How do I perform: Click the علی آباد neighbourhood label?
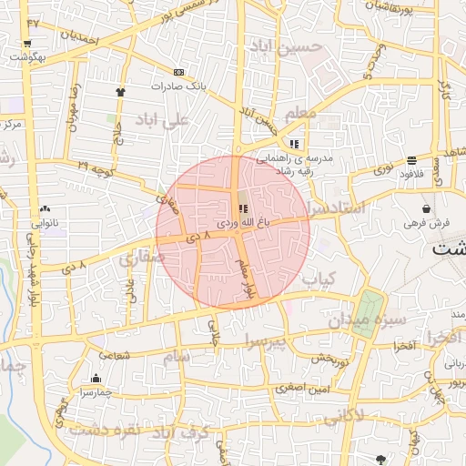[x=161, y=119]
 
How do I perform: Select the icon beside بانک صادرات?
[x=178, y=72]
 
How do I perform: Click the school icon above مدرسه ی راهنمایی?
[x=294, y=144]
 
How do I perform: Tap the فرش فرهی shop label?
[x=428, y=222]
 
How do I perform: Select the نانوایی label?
[x=45, y=222]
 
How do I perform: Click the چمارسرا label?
[x=95, y=391]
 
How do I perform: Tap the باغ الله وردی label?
[x=241, y=222]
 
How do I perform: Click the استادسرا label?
[x=338, y=208]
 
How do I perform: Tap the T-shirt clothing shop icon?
[x=119, y=92]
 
